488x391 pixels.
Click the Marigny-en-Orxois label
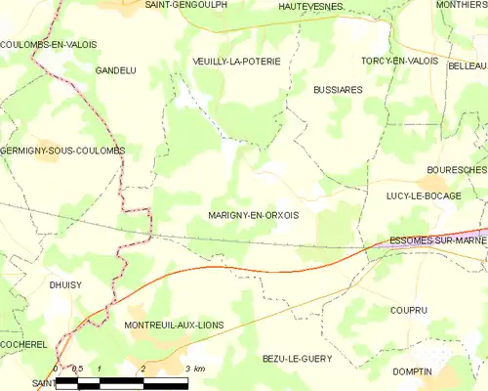tap(253, 216)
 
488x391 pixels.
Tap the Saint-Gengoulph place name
tap(185, 5)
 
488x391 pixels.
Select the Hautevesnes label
tap(310, 6)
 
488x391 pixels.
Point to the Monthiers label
tap(462, 5)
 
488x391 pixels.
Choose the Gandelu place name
tap(115, 70)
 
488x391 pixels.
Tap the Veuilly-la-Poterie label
tap(236, 61)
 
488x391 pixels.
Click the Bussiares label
tap(338, 89)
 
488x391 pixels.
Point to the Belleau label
tap(468, 65)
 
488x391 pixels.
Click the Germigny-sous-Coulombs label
tap(62, 151)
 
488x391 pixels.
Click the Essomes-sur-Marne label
tap(437, 239)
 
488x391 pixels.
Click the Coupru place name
tap(407, 310)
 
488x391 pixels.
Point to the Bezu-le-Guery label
tap(297, 359)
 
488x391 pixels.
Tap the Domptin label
tap(412, 371)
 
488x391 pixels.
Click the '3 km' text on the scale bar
tap(194, 369)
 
